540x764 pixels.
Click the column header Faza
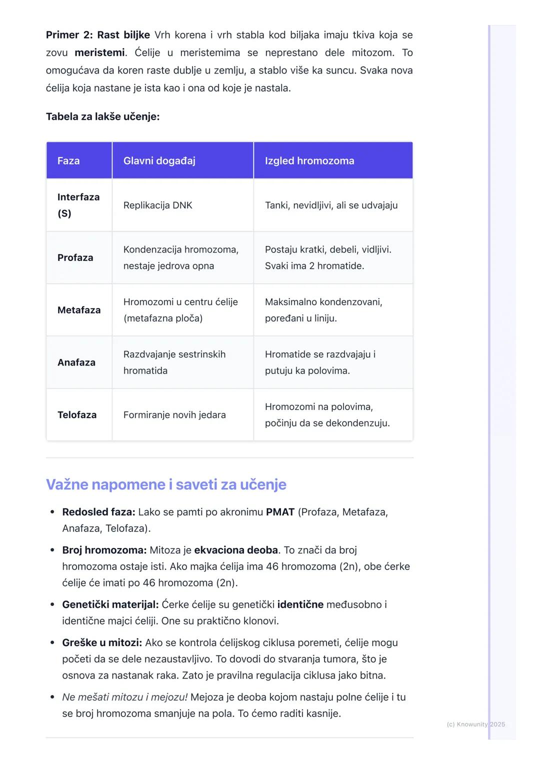coord(68,161)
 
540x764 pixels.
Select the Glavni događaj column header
coord(159,161)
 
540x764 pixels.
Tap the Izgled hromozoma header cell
coord(309,161)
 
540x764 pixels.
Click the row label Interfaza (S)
coord(78,205)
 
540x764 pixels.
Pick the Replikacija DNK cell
coord(157,205)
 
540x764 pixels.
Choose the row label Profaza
coord(75,258)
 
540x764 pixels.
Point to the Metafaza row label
coord(79,310)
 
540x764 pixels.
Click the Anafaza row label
coord(76,362)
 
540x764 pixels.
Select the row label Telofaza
coord(77,415)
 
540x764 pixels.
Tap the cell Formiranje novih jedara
coord(174,415)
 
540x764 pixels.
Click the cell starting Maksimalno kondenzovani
coord(323,310)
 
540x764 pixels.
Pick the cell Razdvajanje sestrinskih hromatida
coord(174,362)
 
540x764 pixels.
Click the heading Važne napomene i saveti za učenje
coord(166,484)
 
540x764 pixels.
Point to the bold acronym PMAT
coord(280,512)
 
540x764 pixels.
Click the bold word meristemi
coord(99,53)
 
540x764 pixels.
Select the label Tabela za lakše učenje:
coord(102,117)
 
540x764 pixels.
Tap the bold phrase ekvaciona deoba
coord(236,550)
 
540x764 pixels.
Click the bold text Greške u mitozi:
coord(102,642)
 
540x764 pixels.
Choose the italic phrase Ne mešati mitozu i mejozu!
coord(125,697)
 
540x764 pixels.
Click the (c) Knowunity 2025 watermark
coord(475,724)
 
